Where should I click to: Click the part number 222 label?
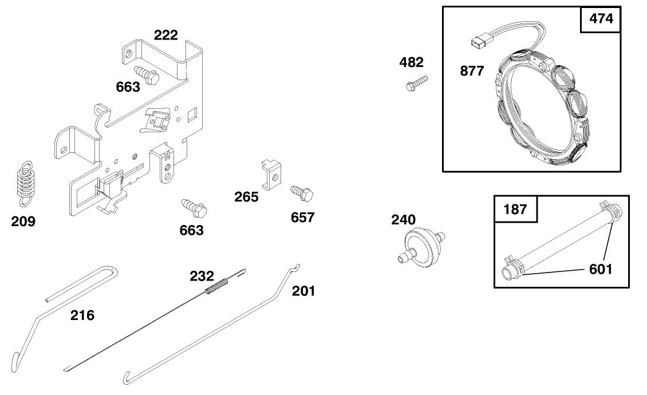click(165, 35)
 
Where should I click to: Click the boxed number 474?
click(601, 19)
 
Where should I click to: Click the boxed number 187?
click(515, 210)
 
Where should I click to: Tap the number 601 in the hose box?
click(601, 268)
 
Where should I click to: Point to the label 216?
click(82, 315)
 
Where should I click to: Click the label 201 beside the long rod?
click(303, 291)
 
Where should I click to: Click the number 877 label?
click(472, 72)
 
